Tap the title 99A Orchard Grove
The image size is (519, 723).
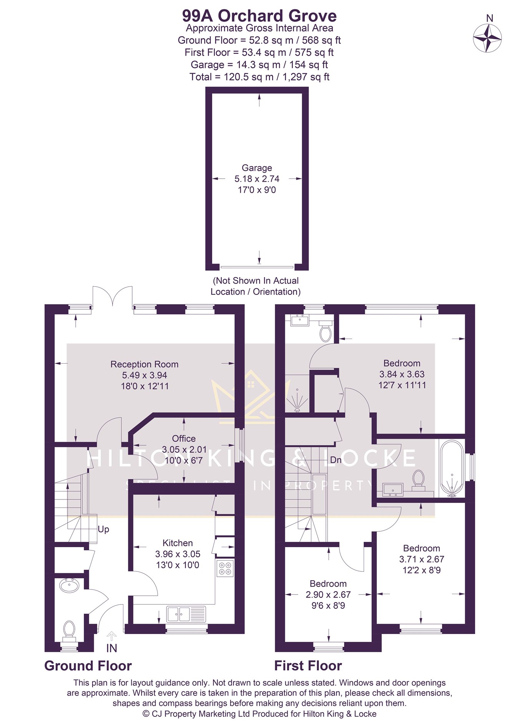(x=259, y=16)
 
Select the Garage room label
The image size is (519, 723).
(x=256, y=168)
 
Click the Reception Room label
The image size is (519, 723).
(x=144, y=364)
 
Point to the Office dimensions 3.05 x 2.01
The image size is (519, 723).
(x=184, y=449)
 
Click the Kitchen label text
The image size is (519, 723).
(x=178, y=543)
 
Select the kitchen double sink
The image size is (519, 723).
(x=186, y=614)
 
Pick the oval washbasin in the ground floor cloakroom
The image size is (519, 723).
(x=69, y=585)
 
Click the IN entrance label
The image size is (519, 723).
(x=111, y=648)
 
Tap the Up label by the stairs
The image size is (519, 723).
(x=103, y=529)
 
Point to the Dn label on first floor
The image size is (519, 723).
(x=336, y=460)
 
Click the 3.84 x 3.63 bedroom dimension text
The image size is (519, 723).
(x=402, y=374)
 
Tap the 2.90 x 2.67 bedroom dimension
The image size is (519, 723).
(x=328, y=594)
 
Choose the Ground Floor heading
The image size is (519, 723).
(x=88, y=666)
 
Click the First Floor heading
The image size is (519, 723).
(x=308, y=666)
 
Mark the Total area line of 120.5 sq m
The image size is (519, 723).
(x=259, y=77)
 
